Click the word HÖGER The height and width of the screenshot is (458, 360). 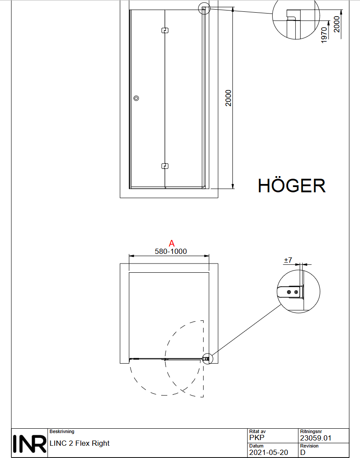click(291, 185)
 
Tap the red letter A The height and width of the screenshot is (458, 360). click(172, 243)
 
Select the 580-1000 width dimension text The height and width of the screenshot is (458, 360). click(171, 251)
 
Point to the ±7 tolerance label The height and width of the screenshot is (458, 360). click(288, 260)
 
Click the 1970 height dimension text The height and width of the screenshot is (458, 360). click(324, 35)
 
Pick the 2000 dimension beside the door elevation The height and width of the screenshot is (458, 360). click(228, 98)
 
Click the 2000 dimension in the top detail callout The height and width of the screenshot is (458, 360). click(337, 24)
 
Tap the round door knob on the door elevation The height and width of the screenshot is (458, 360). click(136, 98)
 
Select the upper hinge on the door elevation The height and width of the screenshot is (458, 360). click(165, 30)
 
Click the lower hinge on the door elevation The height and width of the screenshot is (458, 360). click(165, 166)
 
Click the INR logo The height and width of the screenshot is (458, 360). click(29, 444)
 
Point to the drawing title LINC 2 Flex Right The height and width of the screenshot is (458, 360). click(80, 443)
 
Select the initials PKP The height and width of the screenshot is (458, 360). click(256, 437)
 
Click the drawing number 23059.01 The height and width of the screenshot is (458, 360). click(315, 438)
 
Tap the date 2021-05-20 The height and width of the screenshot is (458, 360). click(269, 452)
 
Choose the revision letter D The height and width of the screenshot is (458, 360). click(303, 452)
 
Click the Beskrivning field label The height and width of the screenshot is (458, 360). click(62, 431)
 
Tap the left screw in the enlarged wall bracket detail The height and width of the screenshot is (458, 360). click(289, 292)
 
